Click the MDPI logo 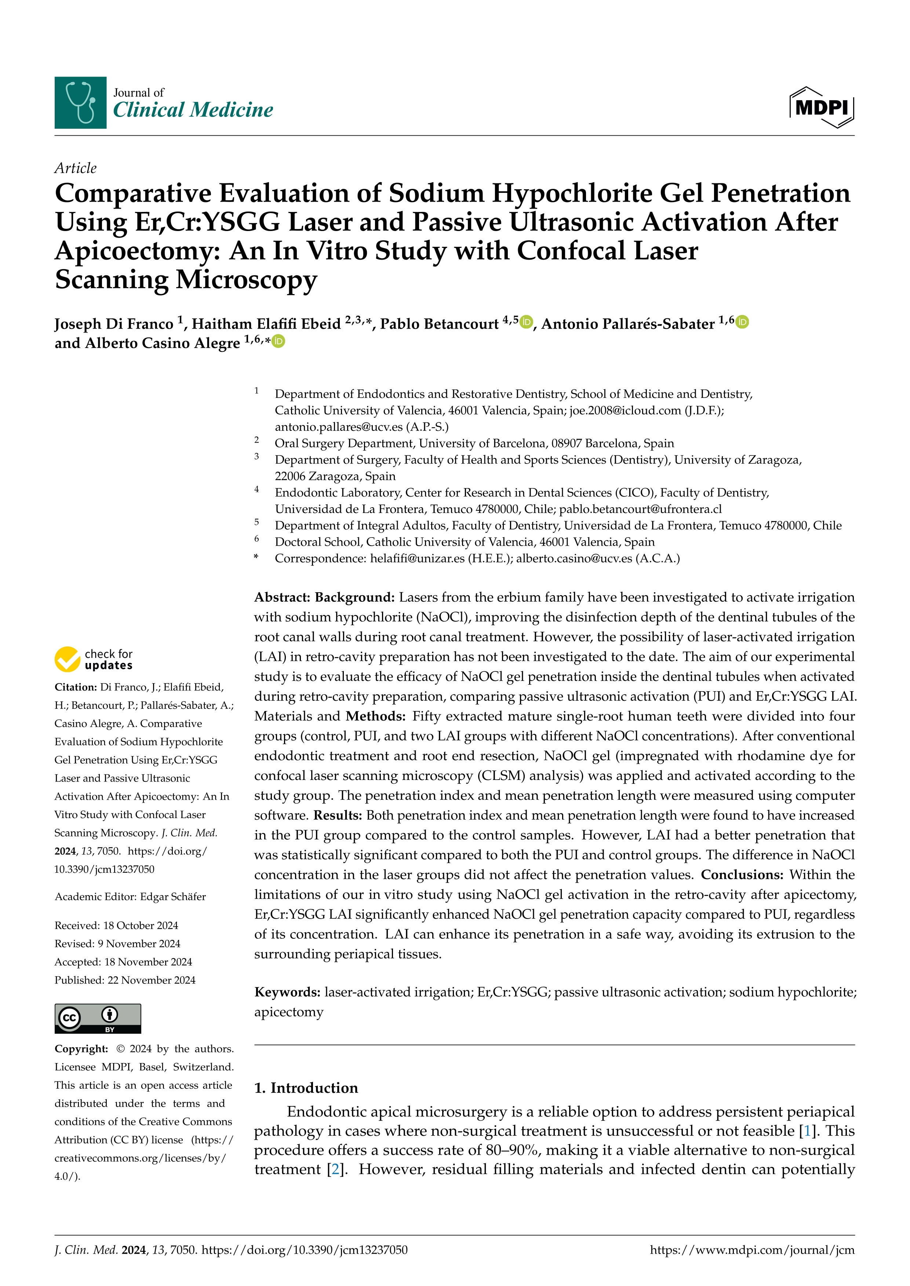[822, 107]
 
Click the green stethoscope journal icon [80, 103]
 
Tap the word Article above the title [75, 168]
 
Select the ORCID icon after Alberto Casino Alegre [279, 341]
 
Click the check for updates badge [94, 659]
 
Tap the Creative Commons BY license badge [98, 1018]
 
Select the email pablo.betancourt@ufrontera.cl [640, 509]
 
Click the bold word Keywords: [287, 993]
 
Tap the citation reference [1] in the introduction [807, 1131]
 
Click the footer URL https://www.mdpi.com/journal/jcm [752, 1250]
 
